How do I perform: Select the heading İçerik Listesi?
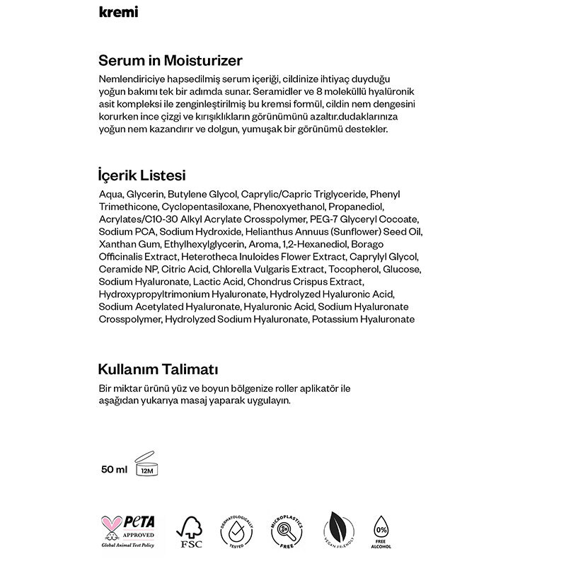pos(142,175)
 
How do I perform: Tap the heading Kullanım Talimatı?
pos(158,369)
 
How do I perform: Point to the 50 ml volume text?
pos(114,468)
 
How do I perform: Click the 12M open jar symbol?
pos(146,463)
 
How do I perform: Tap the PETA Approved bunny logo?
pos(129,531)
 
